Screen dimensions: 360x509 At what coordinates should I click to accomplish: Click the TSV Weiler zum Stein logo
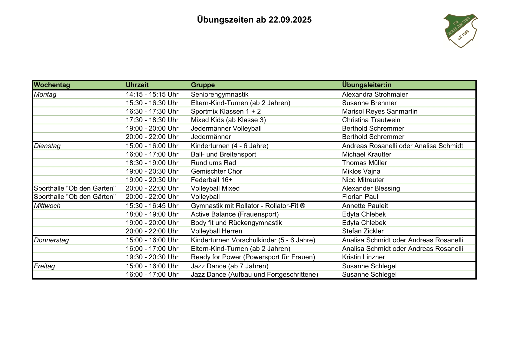pyautogui.click(x=460, y=30)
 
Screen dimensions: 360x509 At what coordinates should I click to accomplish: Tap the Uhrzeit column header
pyautogui.click(x=137, y=85)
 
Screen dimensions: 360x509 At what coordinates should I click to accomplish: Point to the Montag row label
pyautogui.click(x=45, y=95)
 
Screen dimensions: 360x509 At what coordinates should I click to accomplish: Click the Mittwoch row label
pyautogui.click(x=47, y=206)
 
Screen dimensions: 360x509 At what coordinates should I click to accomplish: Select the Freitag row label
pyautogui.click(x=44, y=266)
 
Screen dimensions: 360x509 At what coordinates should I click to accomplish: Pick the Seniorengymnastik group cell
pyautogui.click(x=220, y=95)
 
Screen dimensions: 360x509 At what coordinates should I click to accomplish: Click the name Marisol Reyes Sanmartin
pyautogui.click(x=380, y=112)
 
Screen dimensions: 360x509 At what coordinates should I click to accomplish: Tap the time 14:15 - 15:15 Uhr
pyautogui.click(x=152, y=95)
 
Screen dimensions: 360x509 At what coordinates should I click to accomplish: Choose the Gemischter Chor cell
pyautogui.click(x=217, y=172)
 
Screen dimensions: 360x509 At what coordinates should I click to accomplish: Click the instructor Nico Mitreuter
pyautogui.click(x=363, y=180)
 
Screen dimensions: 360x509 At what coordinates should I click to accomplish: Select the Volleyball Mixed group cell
pyautogui.click(x=215, y=188)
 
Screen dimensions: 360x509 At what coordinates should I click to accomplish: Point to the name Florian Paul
pyautogui.click(x=360, y=197)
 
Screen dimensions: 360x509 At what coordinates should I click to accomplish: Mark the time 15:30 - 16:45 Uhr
pyautogui.click(x=152, y=206)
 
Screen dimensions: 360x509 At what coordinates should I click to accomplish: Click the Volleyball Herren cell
pyautogui.click(x=217, y=231)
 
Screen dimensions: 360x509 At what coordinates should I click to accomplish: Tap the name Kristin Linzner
pyautogui.click(x=363, y=257)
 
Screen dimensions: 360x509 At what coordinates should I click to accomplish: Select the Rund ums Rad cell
pyautogui.click(x=213, y=163)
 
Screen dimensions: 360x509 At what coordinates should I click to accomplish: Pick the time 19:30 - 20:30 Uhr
pyautogui.click(x=152, y=257)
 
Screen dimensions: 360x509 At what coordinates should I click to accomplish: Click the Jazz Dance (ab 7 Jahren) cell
pyautogui.click(x=230, y=266)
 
